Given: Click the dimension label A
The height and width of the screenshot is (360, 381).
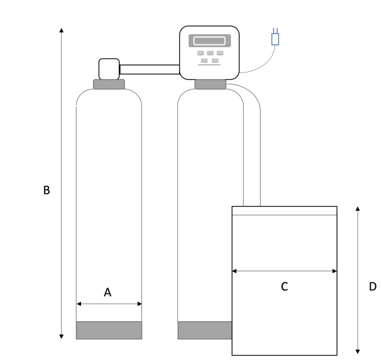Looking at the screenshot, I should (107, 292).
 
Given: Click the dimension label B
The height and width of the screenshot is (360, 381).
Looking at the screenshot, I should (47, 190).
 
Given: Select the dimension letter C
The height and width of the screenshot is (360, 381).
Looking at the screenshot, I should (284, 287).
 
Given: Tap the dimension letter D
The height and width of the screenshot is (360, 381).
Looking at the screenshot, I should (372, 287).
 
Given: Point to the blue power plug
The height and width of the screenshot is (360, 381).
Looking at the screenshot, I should (275, 38).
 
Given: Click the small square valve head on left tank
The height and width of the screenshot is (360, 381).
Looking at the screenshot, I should (108, 68).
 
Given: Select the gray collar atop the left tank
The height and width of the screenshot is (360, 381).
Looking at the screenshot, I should (108, 84).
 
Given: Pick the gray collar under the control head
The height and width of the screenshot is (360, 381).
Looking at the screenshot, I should (210, 85).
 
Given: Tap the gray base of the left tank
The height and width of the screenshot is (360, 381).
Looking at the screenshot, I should (109, 330).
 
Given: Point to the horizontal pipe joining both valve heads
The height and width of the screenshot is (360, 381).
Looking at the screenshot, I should (149, 69).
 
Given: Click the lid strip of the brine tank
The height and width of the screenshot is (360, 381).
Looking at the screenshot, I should (284, 211).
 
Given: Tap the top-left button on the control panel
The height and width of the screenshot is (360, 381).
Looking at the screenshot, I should (201, 53).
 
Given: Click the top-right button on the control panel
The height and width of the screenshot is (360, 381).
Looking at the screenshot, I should (220, 53).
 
